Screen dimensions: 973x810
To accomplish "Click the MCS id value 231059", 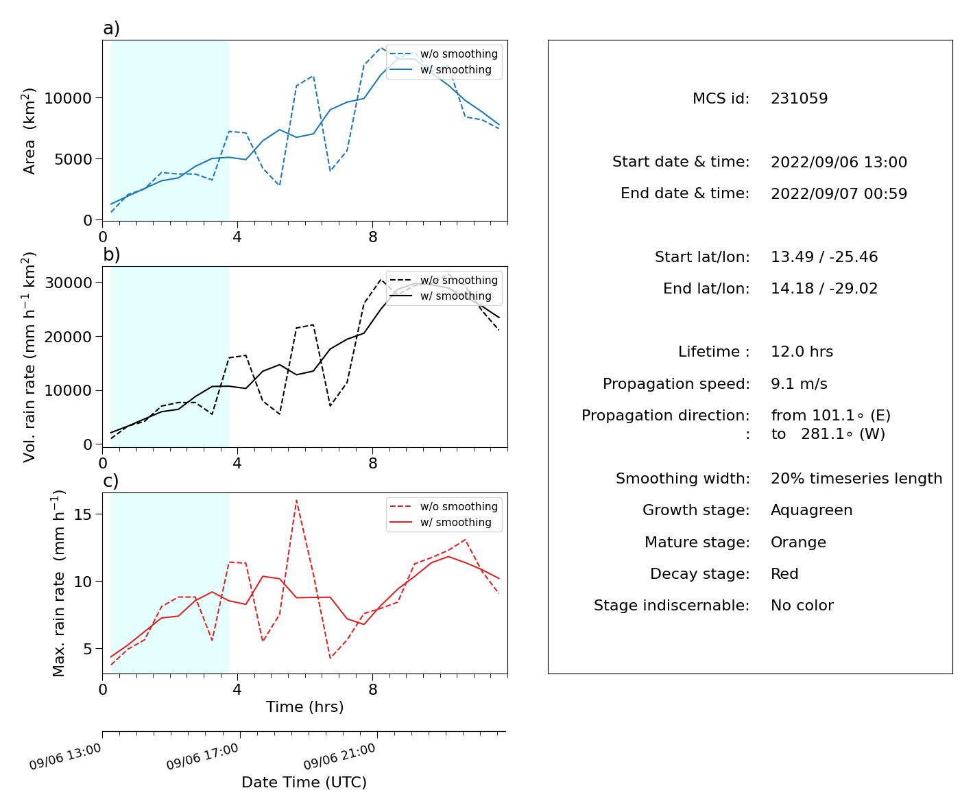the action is click(x=799, y=98).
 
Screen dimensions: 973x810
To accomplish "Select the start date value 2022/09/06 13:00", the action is click(x=839, y=162).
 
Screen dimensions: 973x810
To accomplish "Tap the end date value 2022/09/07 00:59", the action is click(x=839, y=193).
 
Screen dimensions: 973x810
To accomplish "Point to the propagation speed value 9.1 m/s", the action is click(x=799, y=383).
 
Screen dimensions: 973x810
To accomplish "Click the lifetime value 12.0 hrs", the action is click(x=802, y=351).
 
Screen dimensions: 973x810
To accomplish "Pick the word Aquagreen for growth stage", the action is click(x=811, y=510).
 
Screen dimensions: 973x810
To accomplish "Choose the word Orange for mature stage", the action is click(x=798, y=543).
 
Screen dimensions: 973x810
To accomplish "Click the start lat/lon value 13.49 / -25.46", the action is click(x=824, y=257).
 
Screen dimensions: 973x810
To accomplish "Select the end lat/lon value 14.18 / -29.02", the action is click(x=824, y=289).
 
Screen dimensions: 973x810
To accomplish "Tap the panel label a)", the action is click(x=111, y=28).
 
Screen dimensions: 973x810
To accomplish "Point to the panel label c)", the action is click(x=111, y=481).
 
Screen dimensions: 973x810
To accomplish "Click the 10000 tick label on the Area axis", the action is click(x=68, y=98).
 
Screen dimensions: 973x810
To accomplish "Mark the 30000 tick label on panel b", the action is click(x=68, y=283).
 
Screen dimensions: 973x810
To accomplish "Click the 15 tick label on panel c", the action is click(x=83, y=514).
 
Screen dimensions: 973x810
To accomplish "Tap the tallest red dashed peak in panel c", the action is click(x=296, y=501).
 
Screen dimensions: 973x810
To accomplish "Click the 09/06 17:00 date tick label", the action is click(x=202, y=756).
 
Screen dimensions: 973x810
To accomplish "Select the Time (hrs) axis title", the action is click(x=304, y=706).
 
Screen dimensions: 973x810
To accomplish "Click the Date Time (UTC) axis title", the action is click(x=304, y=782).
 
